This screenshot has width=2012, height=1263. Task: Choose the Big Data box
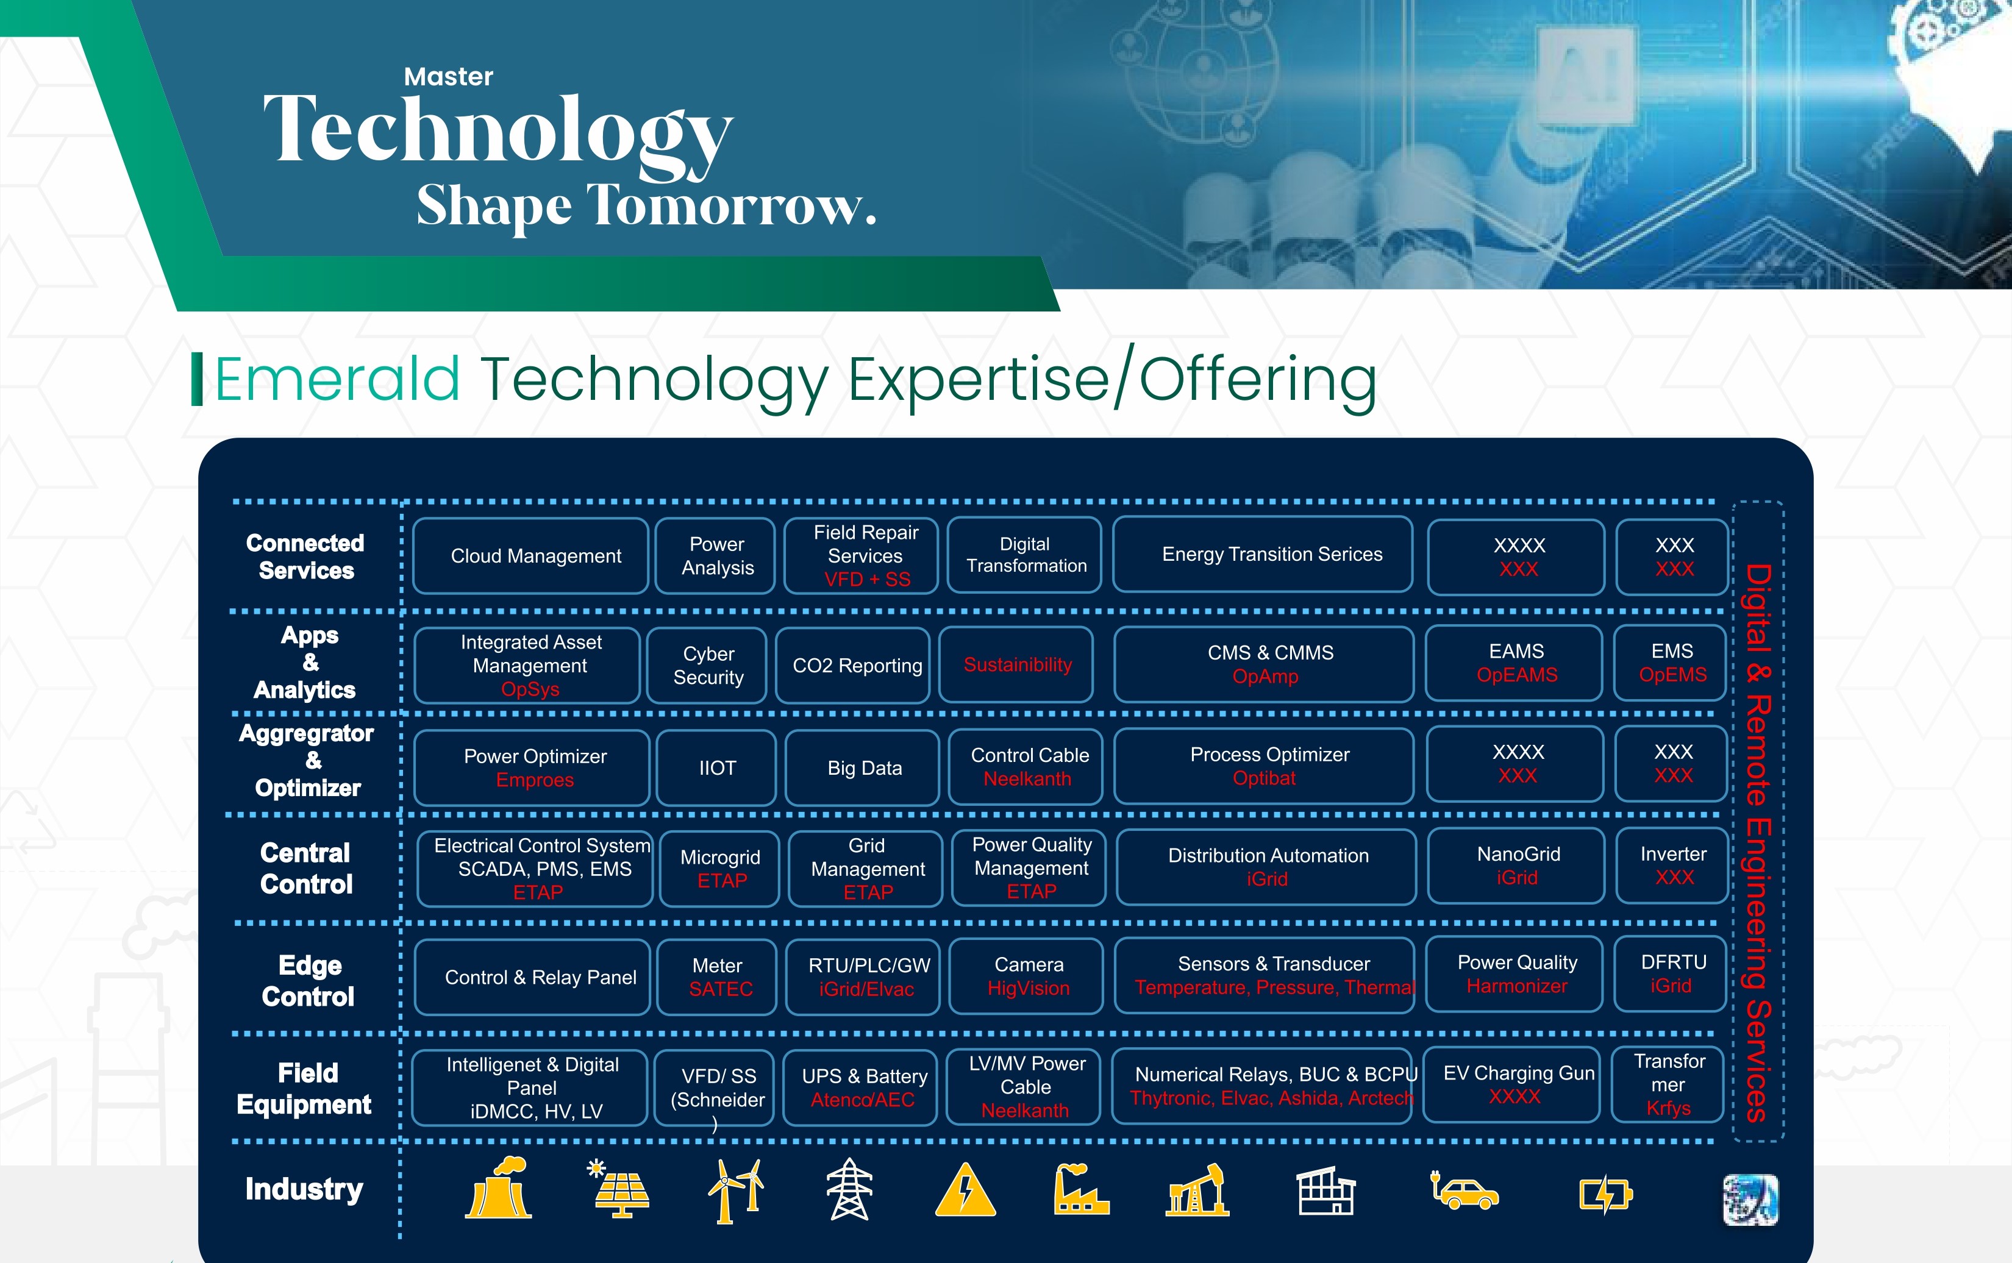tap(864, 767)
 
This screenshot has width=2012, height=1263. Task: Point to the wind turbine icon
tap(735, 1190)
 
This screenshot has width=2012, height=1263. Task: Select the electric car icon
tap(1464, 1191)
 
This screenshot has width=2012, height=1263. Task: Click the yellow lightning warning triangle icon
tap(965, 1191)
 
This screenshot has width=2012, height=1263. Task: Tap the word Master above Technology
tap(448, 77)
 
